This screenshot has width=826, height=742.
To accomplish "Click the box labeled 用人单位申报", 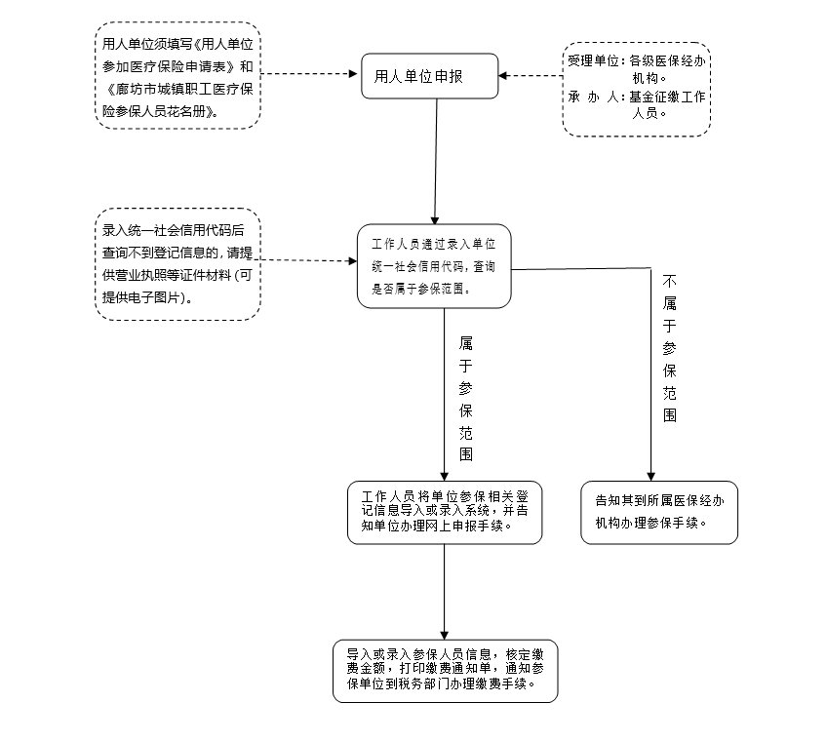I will click(429, 75).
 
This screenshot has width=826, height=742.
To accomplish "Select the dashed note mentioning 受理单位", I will click(636, 87).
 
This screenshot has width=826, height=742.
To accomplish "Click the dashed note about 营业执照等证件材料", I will click(178, 263).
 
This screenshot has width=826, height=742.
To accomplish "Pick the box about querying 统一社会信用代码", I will click(434, 265).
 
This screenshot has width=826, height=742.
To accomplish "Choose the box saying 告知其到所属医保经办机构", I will click(658, 512).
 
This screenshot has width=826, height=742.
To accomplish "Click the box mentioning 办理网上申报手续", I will click(444, 512).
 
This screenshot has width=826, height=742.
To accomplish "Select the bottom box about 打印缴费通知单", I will click(444, 670).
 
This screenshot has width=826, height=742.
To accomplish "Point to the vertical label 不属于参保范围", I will click(669, 348).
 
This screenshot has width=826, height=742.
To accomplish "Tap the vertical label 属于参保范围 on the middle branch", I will click(466, 399).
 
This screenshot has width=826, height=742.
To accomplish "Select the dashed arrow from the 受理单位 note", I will click(531, 75).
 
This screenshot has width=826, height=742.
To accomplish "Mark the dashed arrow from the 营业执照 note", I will click(308, 260).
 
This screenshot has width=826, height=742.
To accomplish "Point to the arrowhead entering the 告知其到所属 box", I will click(651, 475).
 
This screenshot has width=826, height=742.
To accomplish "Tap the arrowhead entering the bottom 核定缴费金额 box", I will click(445, 634).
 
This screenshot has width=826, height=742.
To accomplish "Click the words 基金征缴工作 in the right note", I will click(667, 98).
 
